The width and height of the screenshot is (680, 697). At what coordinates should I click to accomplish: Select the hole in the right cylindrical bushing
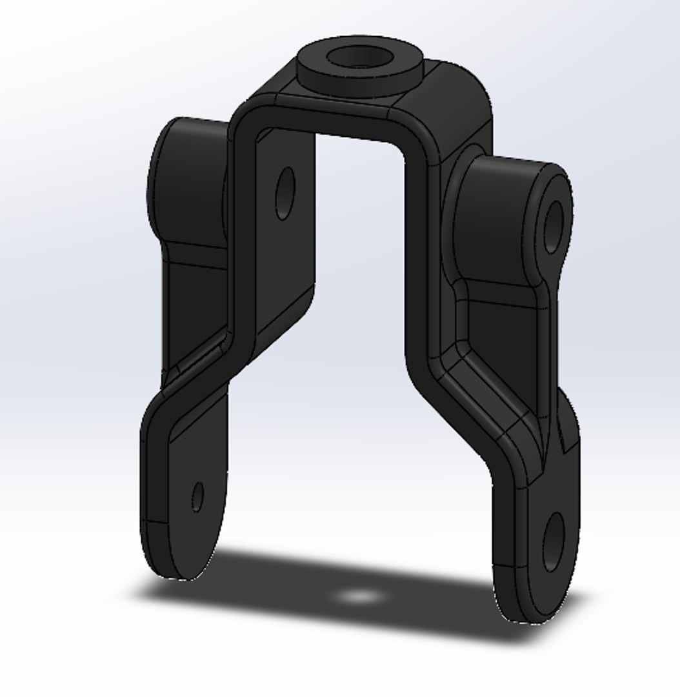[554, 227]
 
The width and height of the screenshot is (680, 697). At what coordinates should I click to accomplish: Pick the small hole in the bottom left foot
[198, 496]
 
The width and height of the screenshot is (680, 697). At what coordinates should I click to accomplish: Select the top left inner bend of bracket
[248, 123]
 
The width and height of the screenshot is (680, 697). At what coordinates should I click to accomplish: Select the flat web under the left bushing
[194, 303]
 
